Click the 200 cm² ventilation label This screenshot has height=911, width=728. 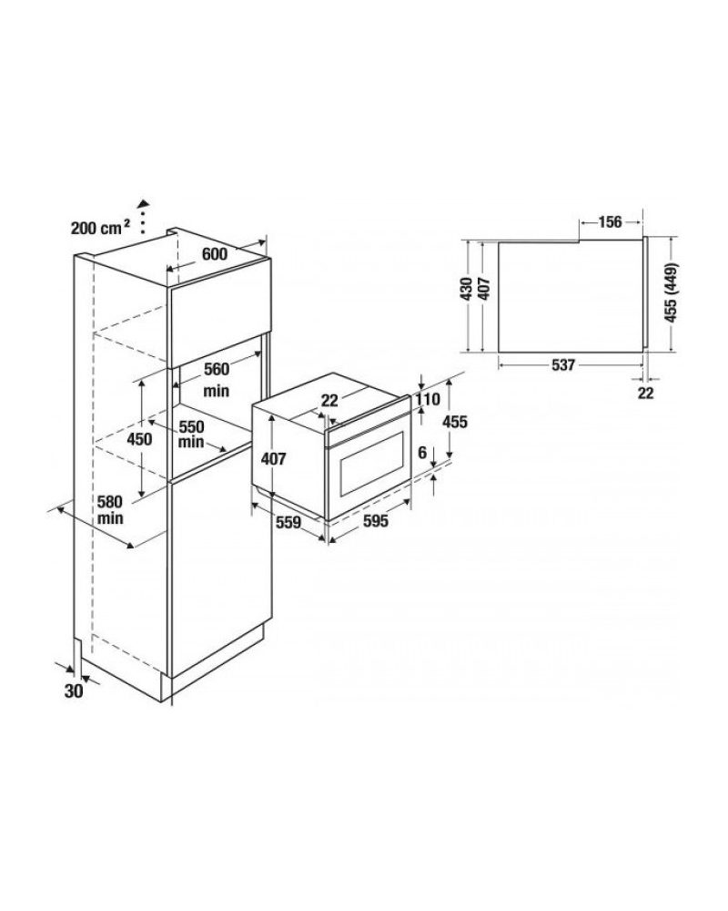pos(100,228)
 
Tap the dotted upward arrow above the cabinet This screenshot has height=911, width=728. pos(144,217)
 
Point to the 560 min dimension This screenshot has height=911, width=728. pos(216,380)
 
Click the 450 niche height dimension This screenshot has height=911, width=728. pos(140,439)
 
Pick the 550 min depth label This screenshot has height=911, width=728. pos(191,435)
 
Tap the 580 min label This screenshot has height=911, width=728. pos(110,509)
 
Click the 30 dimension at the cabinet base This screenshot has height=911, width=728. pos(74,691)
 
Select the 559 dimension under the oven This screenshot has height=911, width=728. pos(288,522)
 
